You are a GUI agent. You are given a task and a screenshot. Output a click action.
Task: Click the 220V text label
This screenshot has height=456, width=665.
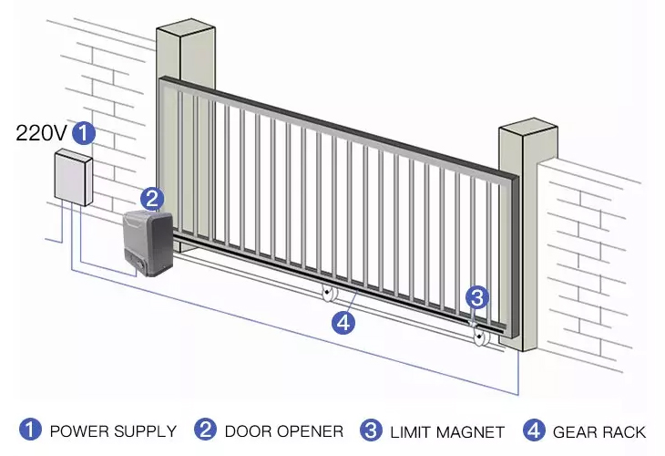click(41, 133)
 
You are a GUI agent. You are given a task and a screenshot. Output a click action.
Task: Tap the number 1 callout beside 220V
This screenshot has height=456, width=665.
click(84, 133)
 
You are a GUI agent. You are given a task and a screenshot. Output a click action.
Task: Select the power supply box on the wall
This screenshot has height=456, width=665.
click(74, 177)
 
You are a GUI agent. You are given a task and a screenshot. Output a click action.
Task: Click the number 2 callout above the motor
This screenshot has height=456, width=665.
click(152, 199)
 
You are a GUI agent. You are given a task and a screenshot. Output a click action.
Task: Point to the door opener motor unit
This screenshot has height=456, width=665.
click(148, 244)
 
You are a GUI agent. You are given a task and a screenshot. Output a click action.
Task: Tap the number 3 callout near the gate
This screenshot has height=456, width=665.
click(477, 297)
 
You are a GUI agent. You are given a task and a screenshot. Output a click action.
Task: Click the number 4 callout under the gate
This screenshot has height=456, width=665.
click(343, 322)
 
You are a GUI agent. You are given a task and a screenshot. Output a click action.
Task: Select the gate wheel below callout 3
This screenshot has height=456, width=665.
click(480, 337)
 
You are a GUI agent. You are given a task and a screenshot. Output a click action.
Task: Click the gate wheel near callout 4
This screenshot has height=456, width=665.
click(328, 292)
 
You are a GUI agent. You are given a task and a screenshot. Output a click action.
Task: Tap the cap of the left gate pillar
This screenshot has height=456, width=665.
click(186, 30)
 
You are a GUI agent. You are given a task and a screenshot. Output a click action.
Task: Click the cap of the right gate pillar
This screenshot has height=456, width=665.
click(528, 128)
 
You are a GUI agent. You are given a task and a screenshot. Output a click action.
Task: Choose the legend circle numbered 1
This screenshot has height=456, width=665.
click(30, 430)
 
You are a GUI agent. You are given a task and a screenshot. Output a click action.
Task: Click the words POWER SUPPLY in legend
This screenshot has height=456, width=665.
click(113, 431)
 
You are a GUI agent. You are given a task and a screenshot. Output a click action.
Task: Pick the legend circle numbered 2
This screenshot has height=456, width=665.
click(205, 430)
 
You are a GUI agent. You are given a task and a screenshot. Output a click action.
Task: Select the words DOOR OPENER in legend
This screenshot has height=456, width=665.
click(284, 431)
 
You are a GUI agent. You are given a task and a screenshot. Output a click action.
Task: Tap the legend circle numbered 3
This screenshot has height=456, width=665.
click(371, 430)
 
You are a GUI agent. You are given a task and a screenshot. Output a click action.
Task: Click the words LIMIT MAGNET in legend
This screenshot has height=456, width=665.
click(447, 432)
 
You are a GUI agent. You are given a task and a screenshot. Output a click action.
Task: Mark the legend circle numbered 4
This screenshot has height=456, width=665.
click(535, 430)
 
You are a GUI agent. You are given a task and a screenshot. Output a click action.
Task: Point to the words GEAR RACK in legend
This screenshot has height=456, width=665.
click(599, 432)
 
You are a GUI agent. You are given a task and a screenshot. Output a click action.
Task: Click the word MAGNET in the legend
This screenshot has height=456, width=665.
click(470, 432)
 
